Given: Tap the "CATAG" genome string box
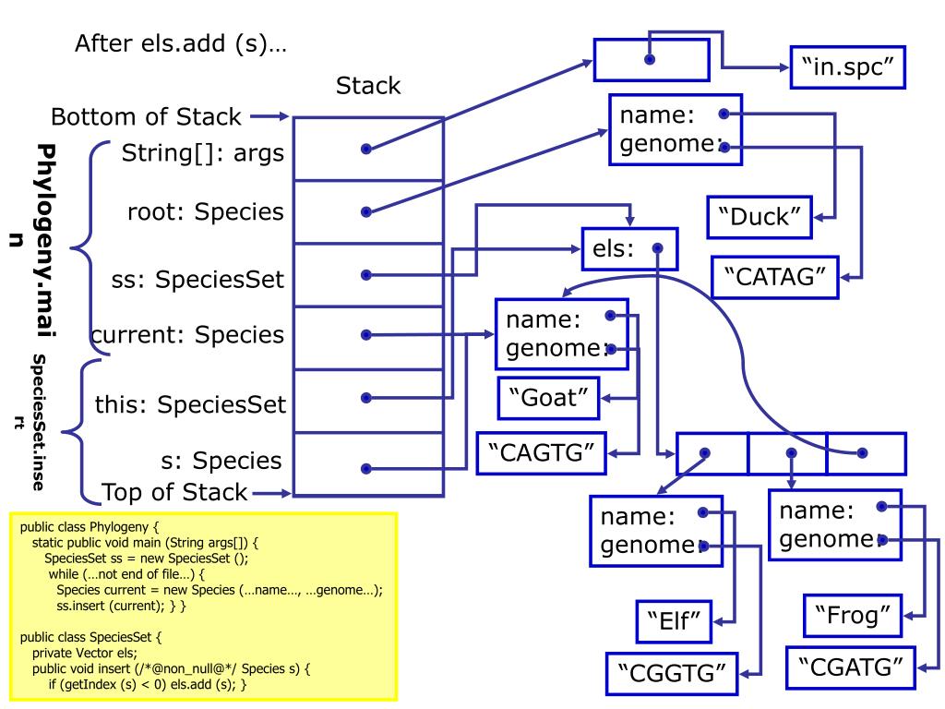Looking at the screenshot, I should click(774, 277).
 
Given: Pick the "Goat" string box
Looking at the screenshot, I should click(549, 400).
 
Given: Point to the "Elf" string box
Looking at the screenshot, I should click(672, 622).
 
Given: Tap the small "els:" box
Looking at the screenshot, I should click(628, 247).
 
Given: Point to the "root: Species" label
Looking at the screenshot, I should click(205, 212).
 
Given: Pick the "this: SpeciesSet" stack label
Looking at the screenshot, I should click(189, 403).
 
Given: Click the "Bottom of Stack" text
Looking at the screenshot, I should click(147, 117).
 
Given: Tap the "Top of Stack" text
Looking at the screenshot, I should click(174, 490).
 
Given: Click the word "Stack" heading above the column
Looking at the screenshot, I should click(368, 87).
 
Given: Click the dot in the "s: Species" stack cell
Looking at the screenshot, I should click(366, 468).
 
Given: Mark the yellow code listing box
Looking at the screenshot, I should click(202, 607).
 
